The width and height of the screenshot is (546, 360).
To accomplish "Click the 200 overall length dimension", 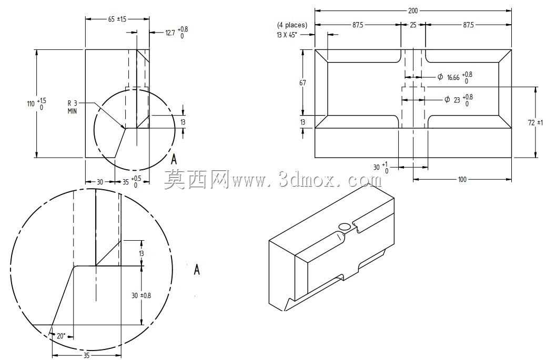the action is [412, 11].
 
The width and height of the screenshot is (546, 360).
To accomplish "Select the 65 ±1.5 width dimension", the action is [117, 19].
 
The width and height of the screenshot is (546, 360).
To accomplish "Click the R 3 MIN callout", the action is [73, 107].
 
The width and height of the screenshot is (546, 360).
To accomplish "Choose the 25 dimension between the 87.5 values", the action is [413, 25].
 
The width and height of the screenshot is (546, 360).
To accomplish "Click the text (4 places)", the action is [292, 25].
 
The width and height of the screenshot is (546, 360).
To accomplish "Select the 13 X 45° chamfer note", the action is [287, 35].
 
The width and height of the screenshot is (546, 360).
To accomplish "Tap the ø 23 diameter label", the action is [459, 100].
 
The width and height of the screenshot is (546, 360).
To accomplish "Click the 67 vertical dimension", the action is [302, 83].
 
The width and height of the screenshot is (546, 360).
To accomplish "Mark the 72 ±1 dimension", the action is [535, 122].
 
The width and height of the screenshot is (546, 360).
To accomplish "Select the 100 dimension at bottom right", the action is [462, 180].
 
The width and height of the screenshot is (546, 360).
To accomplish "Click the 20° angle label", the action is [61, 336].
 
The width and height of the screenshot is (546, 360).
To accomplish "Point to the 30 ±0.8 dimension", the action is [141, 296].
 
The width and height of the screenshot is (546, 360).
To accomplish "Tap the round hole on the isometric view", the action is [345, 227].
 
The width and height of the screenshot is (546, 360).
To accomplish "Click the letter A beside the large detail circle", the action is [197, 270].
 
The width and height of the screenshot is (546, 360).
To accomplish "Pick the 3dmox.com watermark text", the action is [307, 180].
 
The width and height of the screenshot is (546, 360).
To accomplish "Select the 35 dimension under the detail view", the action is [87, 355].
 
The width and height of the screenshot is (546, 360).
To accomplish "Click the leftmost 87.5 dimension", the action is [358, 25].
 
